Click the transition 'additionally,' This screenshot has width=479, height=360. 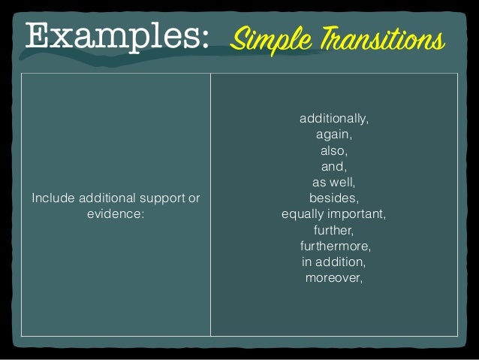coord(334,119)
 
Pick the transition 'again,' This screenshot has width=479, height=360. coord(334,135)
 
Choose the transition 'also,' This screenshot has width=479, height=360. coord(334,151)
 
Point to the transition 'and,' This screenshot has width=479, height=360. coord(334,167)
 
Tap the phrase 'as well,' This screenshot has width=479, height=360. coord(334,183)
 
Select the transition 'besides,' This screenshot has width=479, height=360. coord(334,198)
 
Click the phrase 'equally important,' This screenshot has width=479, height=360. coord(334,214)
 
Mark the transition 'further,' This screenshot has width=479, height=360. coord(334,230)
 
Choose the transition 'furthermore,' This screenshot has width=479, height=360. coord(335,246)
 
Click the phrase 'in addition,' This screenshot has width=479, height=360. coord(334,262)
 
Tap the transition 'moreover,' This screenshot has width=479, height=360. coord(334,277)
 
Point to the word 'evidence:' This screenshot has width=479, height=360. coord(116,214)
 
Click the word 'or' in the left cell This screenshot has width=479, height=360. coord(194,198)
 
